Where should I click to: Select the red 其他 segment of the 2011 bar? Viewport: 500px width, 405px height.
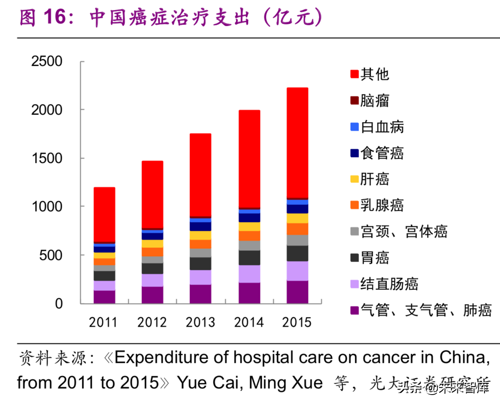pos(104,214)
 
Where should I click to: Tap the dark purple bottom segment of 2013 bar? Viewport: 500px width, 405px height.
pos(201,294)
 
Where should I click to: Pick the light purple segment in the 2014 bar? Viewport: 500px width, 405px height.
pos(249,274)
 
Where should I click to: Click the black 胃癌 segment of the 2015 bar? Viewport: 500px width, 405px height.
pos(297,253)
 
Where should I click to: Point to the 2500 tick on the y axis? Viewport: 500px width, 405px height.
pos(47,62)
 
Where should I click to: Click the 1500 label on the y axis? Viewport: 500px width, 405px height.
pos(47,158)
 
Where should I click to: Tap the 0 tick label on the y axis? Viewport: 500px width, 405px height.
pos(58,303)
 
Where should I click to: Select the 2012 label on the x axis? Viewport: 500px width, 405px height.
pos(152,322)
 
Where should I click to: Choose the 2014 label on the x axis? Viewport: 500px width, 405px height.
pos(249,322)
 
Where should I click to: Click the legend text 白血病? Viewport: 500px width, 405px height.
pos(382,127)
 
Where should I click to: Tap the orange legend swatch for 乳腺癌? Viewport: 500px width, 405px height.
pos(354,205)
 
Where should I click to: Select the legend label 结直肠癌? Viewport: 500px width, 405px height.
pos(389,284)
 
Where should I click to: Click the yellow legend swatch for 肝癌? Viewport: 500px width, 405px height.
pos(354,179)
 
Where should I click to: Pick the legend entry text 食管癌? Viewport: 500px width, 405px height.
pos(382,153)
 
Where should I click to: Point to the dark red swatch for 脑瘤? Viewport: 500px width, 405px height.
pos(354,100)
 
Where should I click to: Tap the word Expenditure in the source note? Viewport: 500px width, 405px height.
pos(172,358)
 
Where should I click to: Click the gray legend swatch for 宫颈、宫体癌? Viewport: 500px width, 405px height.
pos(354,232)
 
